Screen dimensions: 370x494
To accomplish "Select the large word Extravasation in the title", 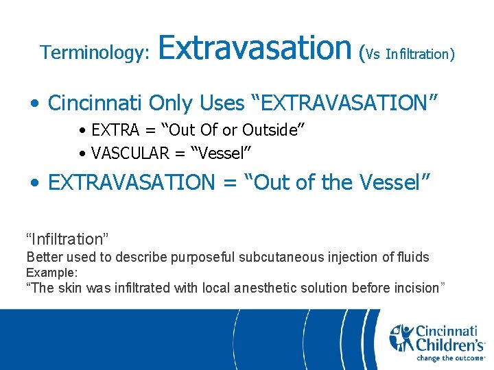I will coord(255,48).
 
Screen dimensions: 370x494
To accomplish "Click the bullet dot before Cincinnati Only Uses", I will coord(36,104).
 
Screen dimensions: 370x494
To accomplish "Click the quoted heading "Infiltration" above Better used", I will coord(68,239).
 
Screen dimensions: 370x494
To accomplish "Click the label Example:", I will coord(51,273).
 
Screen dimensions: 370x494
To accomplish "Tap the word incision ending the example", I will coord(414,288).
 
